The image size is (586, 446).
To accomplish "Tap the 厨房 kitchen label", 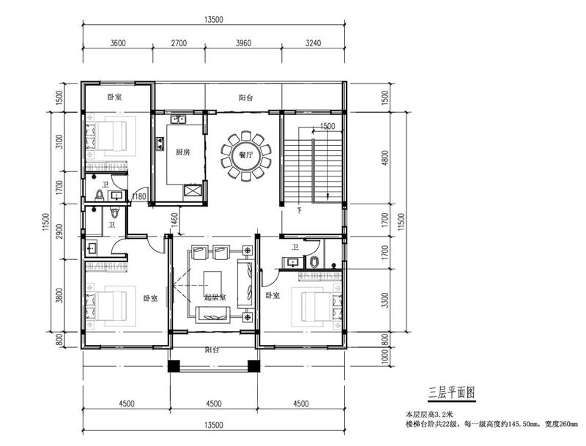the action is (x=182, y=152).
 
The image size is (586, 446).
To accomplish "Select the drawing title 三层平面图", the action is (x=451, y=393).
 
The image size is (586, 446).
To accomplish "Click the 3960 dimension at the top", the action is (x=243, y=43).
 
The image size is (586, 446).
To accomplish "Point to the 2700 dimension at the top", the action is (x=179, y=43).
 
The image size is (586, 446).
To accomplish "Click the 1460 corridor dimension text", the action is (x=174, y=222).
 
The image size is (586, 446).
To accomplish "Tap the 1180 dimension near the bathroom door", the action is (x=139, y=196).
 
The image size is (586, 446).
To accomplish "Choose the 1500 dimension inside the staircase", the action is (x=327, y=126).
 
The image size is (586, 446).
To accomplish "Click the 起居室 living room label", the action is (x=215, y=298).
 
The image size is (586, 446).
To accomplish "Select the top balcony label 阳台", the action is (x=245, y=98).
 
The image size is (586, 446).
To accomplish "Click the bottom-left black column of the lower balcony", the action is (x=174, y=365).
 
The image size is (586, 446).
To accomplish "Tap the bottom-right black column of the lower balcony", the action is (x=253, y=365).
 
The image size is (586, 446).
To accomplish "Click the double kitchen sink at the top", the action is (x=179, y=119).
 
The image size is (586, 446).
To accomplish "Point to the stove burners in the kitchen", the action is (x=160, y=144).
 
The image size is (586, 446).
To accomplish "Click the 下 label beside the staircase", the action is (x=299, y=210).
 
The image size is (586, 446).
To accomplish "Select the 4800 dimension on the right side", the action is (x=385, y=157).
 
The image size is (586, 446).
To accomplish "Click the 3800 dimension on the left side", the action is (x=59, y=294).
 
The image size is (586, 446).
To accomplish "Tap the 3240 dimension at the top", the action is (x=313, y=43).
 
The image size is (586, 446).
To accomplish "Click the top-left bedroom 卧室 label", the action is (x=114, y=97).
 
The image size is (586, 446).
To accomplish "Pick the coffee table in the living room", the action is (x=212, y=283).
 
